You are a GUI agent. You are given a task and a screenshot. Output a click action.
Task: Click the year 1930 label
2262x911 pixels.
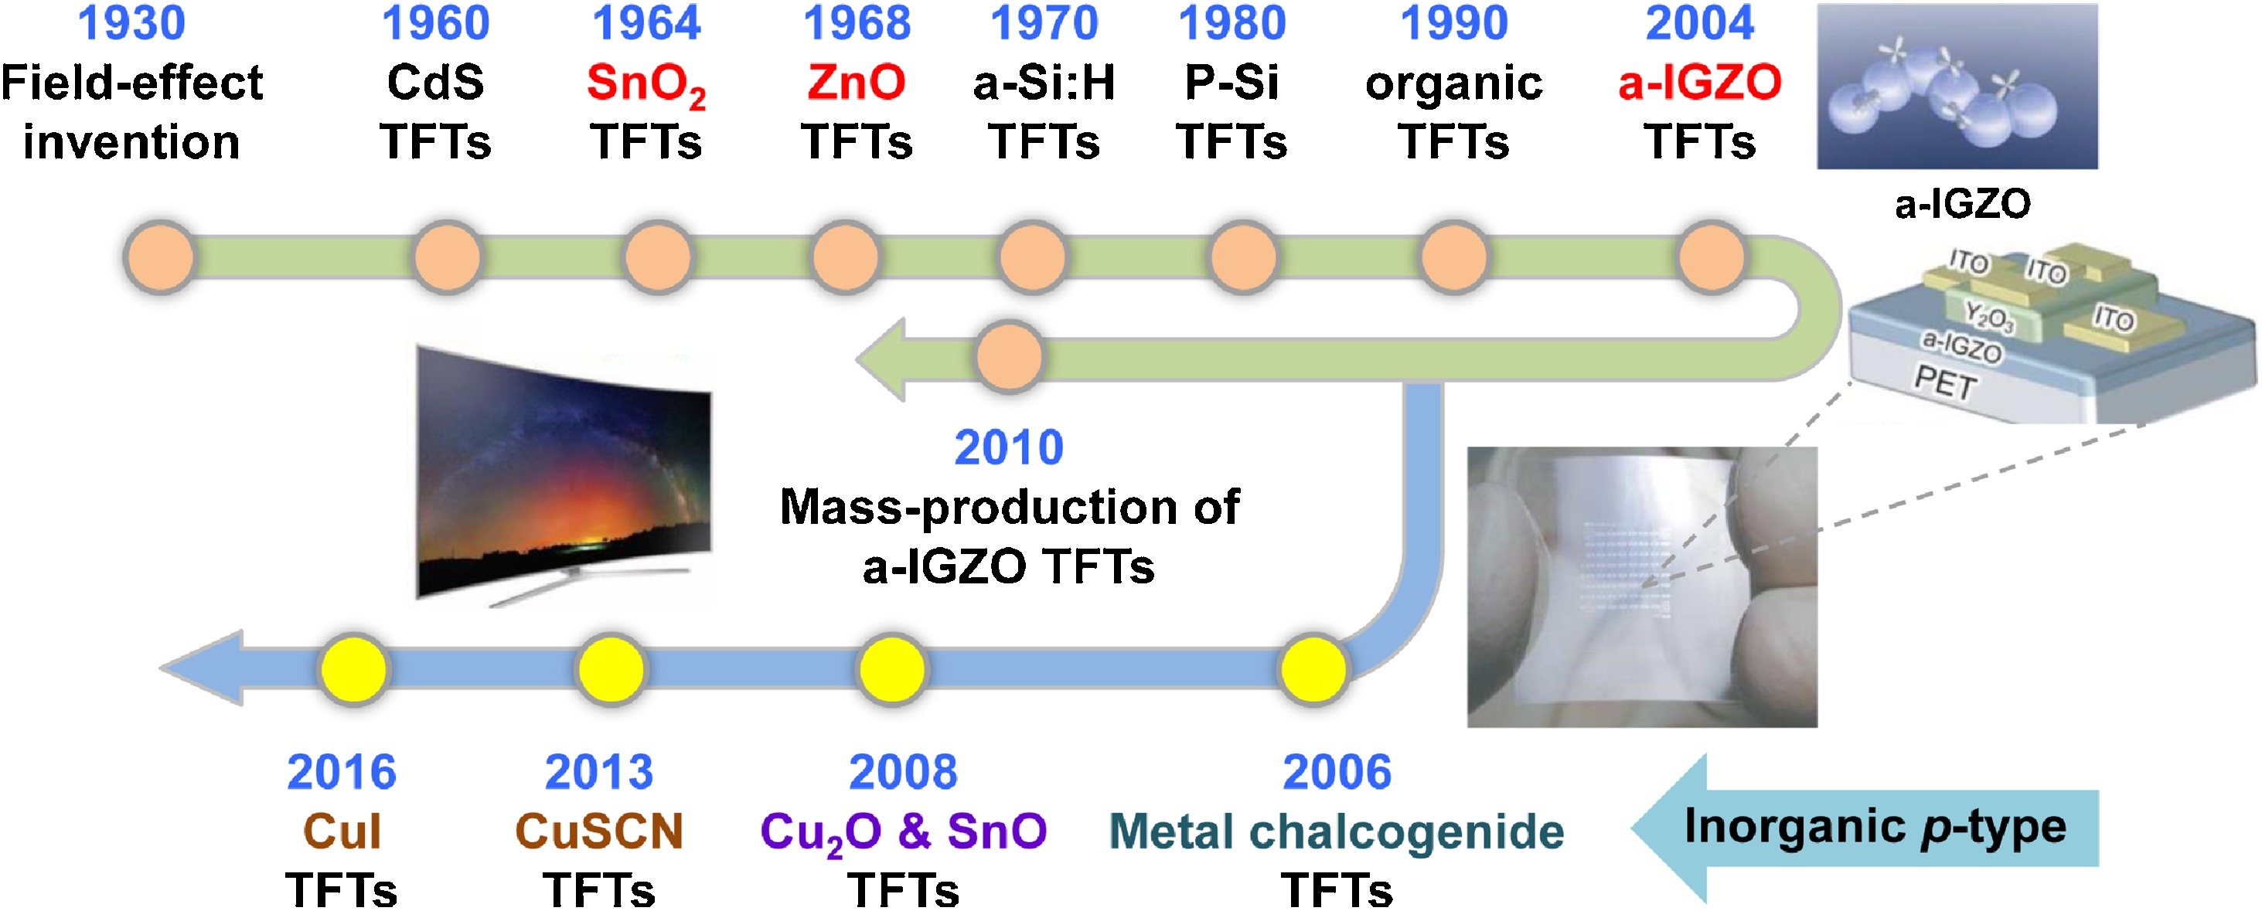click(131, 24)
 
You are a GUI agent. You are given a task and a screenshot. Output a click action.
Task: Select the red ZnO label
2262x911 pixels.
click(856, 83)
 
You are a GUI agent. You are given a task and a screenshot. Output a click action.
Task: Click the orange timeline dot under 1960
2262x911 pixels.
click(447, 257)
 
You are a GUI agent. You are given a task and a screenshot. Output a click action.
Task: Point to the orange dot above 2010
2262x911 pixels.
click(1010, 356)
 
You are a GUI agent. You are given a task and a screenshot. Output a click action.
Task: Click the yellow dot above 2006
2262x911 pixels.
click(1313, 670)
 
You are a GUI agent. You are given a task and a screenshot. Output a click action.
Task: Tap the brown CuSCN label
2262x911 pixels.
click(599, 831)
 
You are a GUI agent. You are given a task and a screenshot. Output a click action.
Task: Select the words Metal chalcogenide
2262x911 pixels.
click(1336, 831)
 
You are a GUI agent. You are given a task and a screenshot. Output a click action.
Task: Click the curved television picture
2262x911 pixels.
click(564, 474)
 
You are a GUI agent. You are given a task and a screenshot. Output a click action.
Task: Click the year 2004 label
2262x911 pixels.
click(1699, 24)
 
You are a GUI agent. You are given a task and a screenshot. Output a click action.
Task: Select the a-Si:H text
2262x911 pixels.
click(1044, 83)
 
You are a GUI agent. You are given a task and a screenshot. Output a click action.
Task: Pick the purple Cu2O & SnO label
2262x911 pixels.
click(903, 831)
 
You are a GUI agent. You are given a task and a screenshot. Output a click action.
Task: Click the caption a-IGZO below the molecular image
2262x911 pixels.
click(1963, 205)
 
